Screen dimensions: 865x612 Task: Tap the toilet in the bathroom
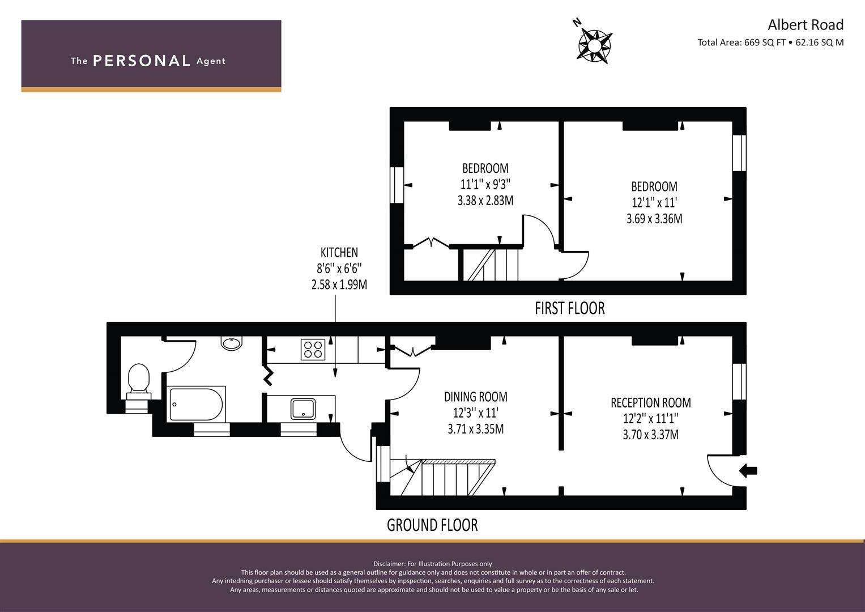pos(139,381)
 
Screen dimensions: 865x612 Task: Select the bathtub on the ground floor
pos(197,403)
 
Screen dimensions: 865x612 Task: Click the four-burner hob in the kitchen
pos(313,349)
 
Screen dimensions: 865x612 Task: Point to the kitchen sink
pos(303,409)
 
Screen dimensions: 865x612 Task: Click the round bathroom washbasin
pos(232,343)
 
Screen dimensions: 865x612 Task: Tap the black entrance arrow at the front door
pos(748,470)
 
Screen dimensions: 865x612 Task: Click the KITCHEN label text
pos(339,253)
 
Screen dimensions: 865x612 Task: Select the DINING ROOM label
pos(476,397)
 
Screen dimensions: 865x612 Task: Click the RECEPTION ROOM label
pos(651,403)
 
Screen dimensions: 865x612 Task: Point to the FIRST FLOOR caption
pos(570,308)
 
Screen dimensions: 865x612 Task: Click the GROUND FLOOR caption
pos(432,525)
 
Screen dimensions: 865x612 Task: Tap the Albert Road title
pos(806,25)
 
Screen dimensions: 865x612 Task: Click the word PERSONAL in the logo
pos(142,61)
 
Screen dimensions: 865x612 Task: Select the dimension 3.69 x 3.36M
pos(654,219)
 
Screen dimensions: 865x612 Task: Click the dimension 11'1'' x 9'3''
pos(485,184)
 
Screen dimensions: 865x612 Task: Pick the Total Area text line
pos(770,42)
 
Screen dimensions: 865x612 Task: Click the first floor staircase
pos(491,265)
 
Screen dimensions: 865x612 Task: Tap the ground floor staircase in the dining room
pos(442,477)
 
